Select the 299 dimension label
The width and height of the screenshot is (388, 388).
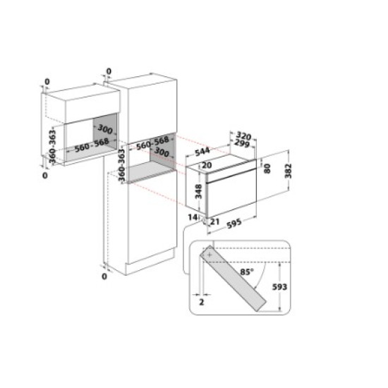pos(243,143)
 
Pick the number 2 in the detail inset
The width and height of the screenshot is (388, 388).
pos(201,301)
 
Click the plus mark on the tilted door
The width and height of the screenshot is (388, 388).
pos(210,256)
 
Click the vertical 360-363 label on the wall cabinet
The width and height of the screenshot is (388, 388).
pos(49,145)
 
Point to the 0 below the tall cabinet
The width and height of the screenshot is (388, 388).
pos(104,277)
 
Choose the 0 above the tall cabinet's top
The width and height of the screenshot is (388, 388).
pos(108,71)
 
